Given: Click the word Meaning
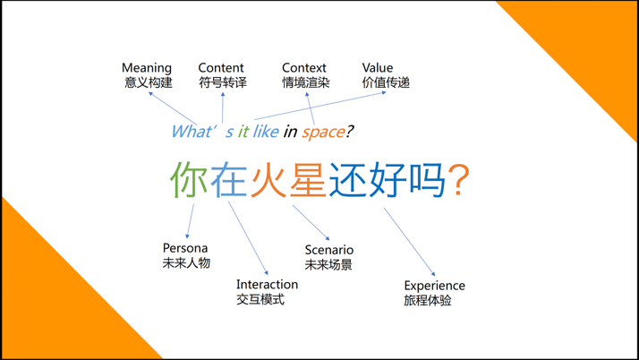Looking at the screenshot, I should pyautogui.click(x=147, y=68).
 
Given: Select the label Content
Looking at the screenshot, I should pyautogui.click(x=221, y=68).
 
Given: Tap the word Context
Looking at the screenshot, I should pyautogui.click(x=304, y=68).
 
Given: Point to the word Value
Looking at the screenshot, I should pyautogui.click(x=378, y=68).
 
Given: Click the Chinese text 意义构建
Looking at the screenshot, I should pyautogui.click(x=148, y=83).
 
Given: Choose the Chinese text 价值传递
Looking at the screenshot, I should pyautogui.click(x=386, y=83).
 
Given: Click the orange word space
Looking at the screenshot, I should pyautogui.click(x=323, y=133).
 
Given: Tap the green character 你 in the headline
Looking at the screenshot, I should pyautogui.click(x=190, y=180).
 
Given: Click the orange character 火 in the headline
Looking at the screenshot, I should pyautogui.click(x=268, y=180).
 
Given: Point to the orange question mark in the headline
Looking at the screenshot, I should pyautogui.click(x=458, y=180).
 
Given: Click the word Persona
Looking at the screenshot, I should pyautogui.click(x=185, y=248).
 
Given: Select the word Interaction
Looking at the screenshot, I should pyautogui.click(x=267, y=285).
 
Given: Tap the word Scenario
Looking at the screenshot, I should pyautogui.click(x=328, y=250).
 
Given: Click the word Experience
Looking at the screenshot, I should pyautogui.click(x=434, y=286).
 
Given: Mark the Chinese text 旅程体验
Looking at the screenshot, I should pyautogui.click(x=428, y=301).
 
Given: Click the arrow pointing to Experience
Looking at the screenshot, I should pyautogui.click(x=410, y=242).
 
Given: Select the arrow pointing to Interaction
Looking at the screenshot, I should pyautogui.click(x=248, y=238).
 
